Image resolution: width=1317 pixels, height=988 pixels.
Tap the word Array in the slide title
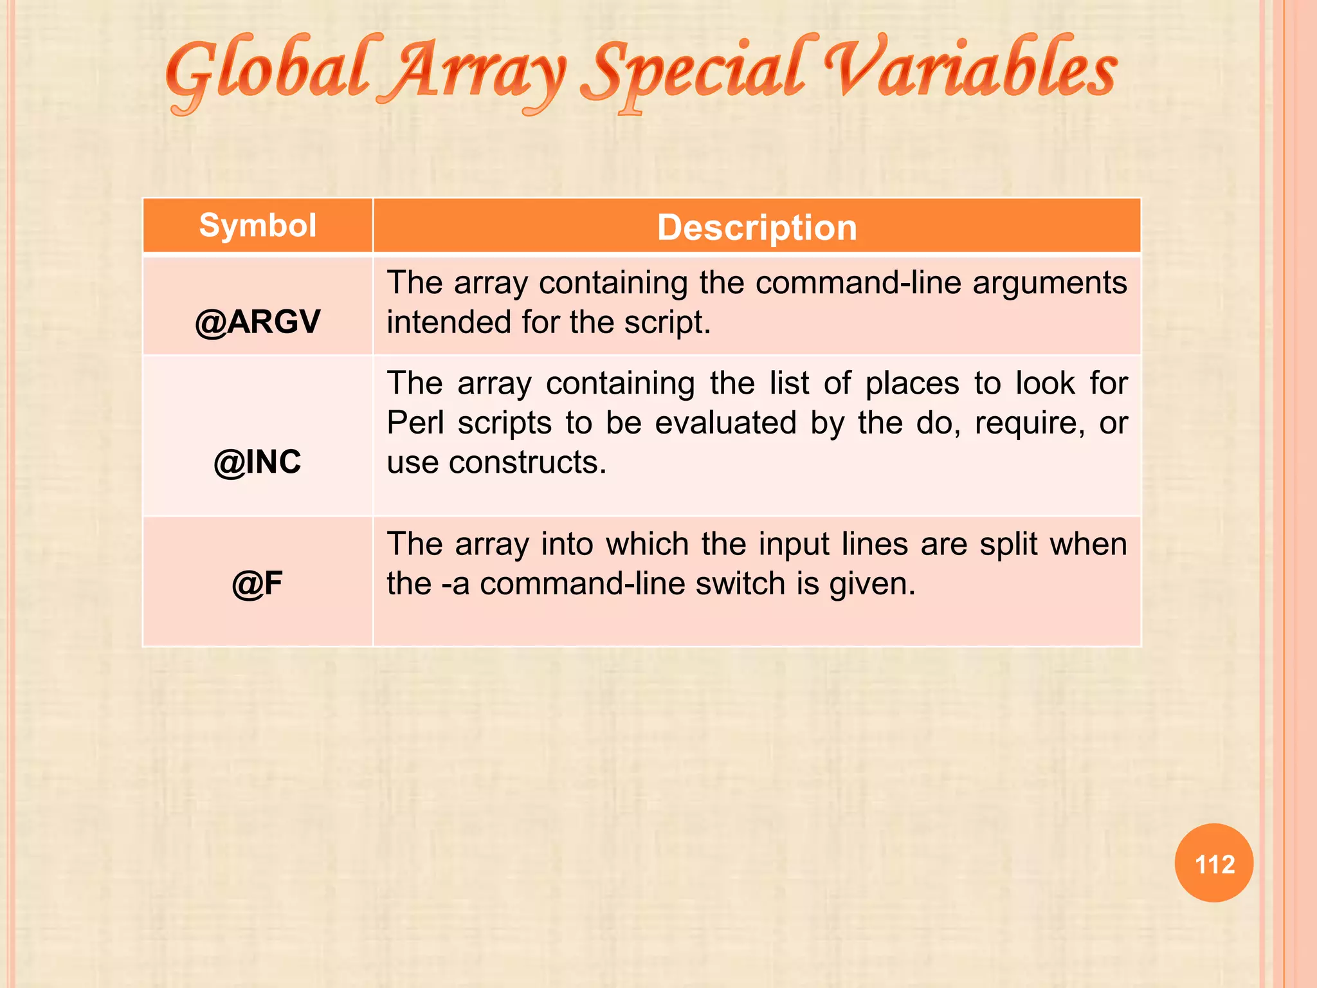[x=479, y=74]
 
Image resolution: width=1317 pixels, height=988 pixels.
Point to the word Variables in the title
[x=971, y=71]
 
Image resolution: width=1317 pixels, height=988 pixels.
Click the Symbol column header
[x=257, y=226]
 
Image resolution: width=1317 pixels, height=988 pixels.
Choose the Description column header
[x=757, y=228]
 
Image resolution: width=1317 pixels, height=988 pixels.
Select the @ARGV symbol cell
[x=257, y=322]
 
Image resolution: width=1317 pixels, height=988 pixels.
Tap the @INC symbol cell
[x=257, y=462]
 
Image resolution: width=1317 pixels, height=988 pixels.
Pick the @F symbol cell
[x=257, y=583]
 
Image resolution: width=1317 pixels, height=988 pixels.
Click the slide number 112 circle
[x=1214, y=863]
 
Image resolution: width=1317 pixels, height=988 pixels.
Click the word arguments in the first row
[x=1049, y=283]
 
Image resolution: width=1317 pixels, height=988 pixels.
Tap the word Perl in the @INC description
[x=415, y=423]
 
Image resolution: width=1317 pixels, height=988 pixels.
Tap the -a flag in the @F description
[x=455, y=584]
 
